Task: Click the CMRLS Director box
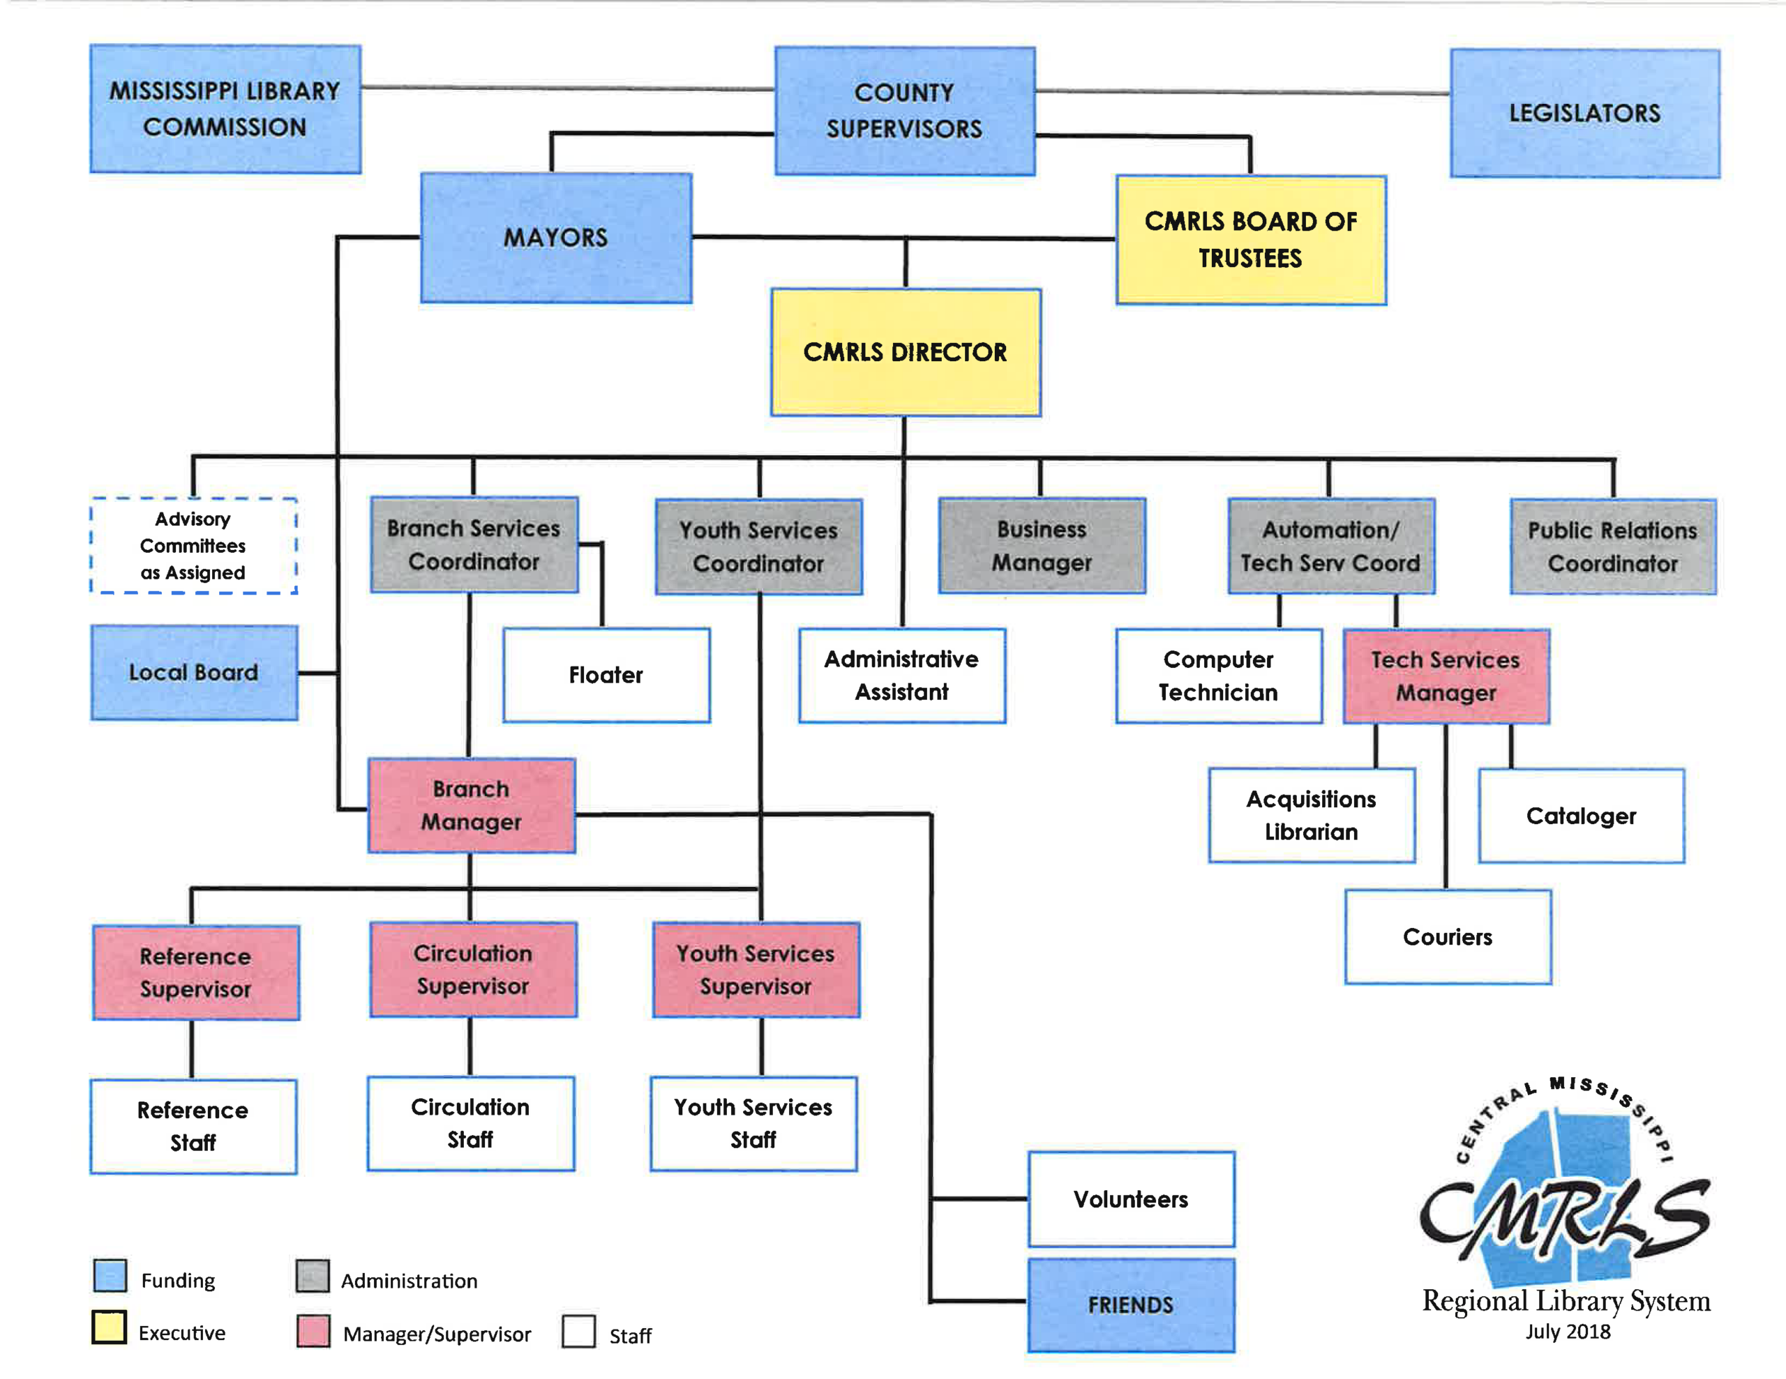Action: coord(906,352)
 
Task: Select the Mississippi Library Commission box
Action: coord(225,109)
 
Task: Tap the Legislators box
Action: coord(1584,113)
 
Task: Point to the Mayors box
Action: coord(556,238)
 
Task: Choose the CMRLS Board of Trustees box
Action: coord(1250,241)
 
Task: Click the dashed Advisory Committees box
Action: coord(193,545)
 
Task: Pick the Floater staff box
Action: coord(606,675)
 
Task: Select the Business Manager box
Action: coord(1041,546)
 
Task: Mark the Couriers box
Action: coord(1448,937)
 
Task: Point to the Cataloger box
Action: coord(1581,816)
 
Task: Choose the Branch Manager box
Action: coord(471,806)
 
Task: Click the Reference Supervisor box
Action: coord(195,973)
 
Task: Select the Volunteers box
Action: coord(1130,1199)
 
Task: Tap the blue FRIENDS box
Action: coord(1130,1304)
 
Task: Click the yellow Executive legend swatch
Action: coord(109,1327)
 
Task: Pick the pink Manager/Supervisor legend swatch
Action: coord(313,1330)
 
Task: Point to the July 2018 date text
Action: coord(1567,1332)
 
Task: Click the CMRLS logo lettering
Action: coord(1563,1218)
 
